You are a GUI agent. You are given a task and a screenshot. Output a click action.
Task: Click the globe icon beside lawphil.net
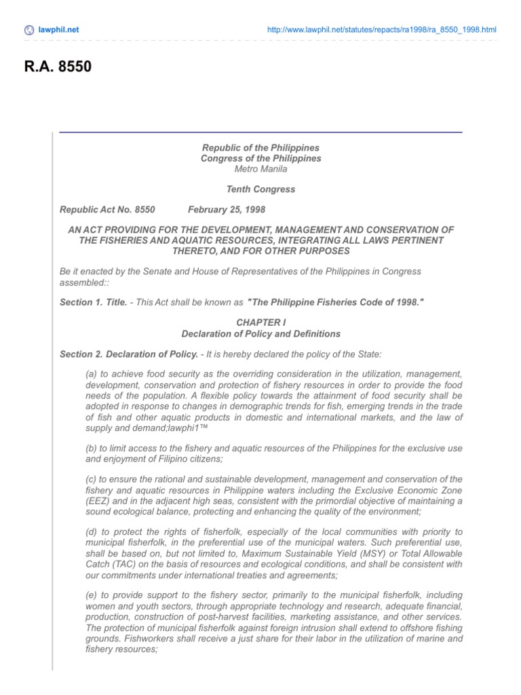[28, 30]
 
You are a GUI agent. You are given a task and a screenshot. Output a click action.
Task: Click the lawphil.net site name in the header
[59, 30]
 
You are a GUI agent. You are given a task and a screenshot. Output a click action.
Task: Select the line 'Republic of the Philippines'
[260, 147]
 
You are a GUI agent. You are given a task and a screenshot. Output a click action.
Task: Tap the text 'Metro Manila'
[260, 169]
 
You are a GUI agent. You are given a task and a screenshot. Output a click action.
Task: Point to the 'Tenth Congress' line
[260, 189]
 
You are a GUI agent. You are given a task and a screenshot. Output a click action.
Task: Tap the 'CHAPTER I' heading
[260, 323]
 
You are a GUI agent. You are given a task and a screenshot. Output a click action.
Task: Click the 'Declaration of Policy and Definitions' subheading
[260, 334]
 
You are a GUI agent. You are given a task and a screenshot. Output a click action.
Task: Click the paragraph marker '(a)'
[92, 373]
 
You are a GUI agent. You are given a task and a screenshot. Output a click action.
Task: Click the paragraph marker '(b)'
[92, 447]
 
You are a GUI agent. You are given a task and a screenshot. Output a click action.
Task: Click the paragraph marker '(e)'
[92, 595]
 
